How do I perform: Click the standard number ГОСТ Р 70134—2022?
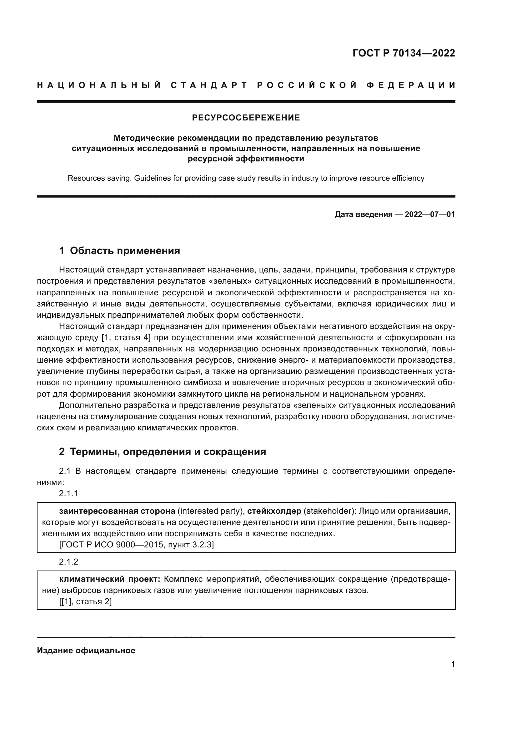403,53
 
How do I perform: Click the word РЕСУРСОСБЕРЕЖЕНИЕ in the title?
246,118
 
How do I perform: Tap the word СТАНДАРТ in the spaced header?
209,85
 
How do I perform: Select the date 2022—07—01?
429,214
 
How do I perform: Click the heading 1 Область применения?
119,251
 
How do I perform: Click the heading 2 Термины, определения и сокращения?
162,452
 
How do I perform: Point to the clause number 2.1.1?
68,494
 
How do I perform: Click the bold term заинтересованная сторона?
117,511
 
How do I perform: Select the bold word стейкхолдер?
274,511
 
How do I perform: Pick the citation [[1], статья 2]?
85,601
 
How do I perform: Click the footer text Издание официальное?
86,650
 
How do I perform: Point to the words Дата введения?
363,214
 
